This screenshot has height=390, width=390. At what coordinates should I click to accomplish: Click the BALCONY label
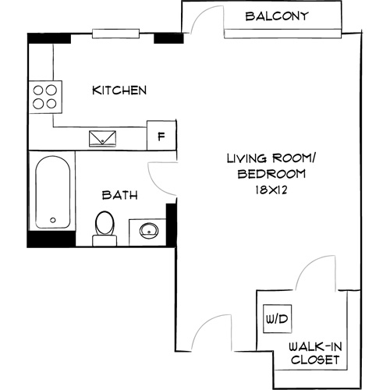pyautogui.click(x=277, y=16)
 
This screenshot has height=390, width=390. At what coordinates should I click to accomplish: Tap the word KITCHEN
pyautogui.click(x=119, y=90)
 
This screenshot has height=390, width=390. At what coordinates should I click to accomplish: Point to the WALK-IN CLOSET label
pyautogui.click(x=314, y=353)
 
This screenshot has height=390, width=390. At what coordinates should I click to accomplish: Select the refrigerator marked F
pyautogui.click(x=161, y=136)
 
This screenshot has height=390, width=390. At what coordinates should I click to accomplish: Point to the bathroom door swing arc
pyautogui.click(x=161, y=184)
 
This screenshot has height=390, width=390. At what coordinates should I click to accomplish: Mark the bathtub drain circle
pyautogui.click(x=54, y=221)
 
